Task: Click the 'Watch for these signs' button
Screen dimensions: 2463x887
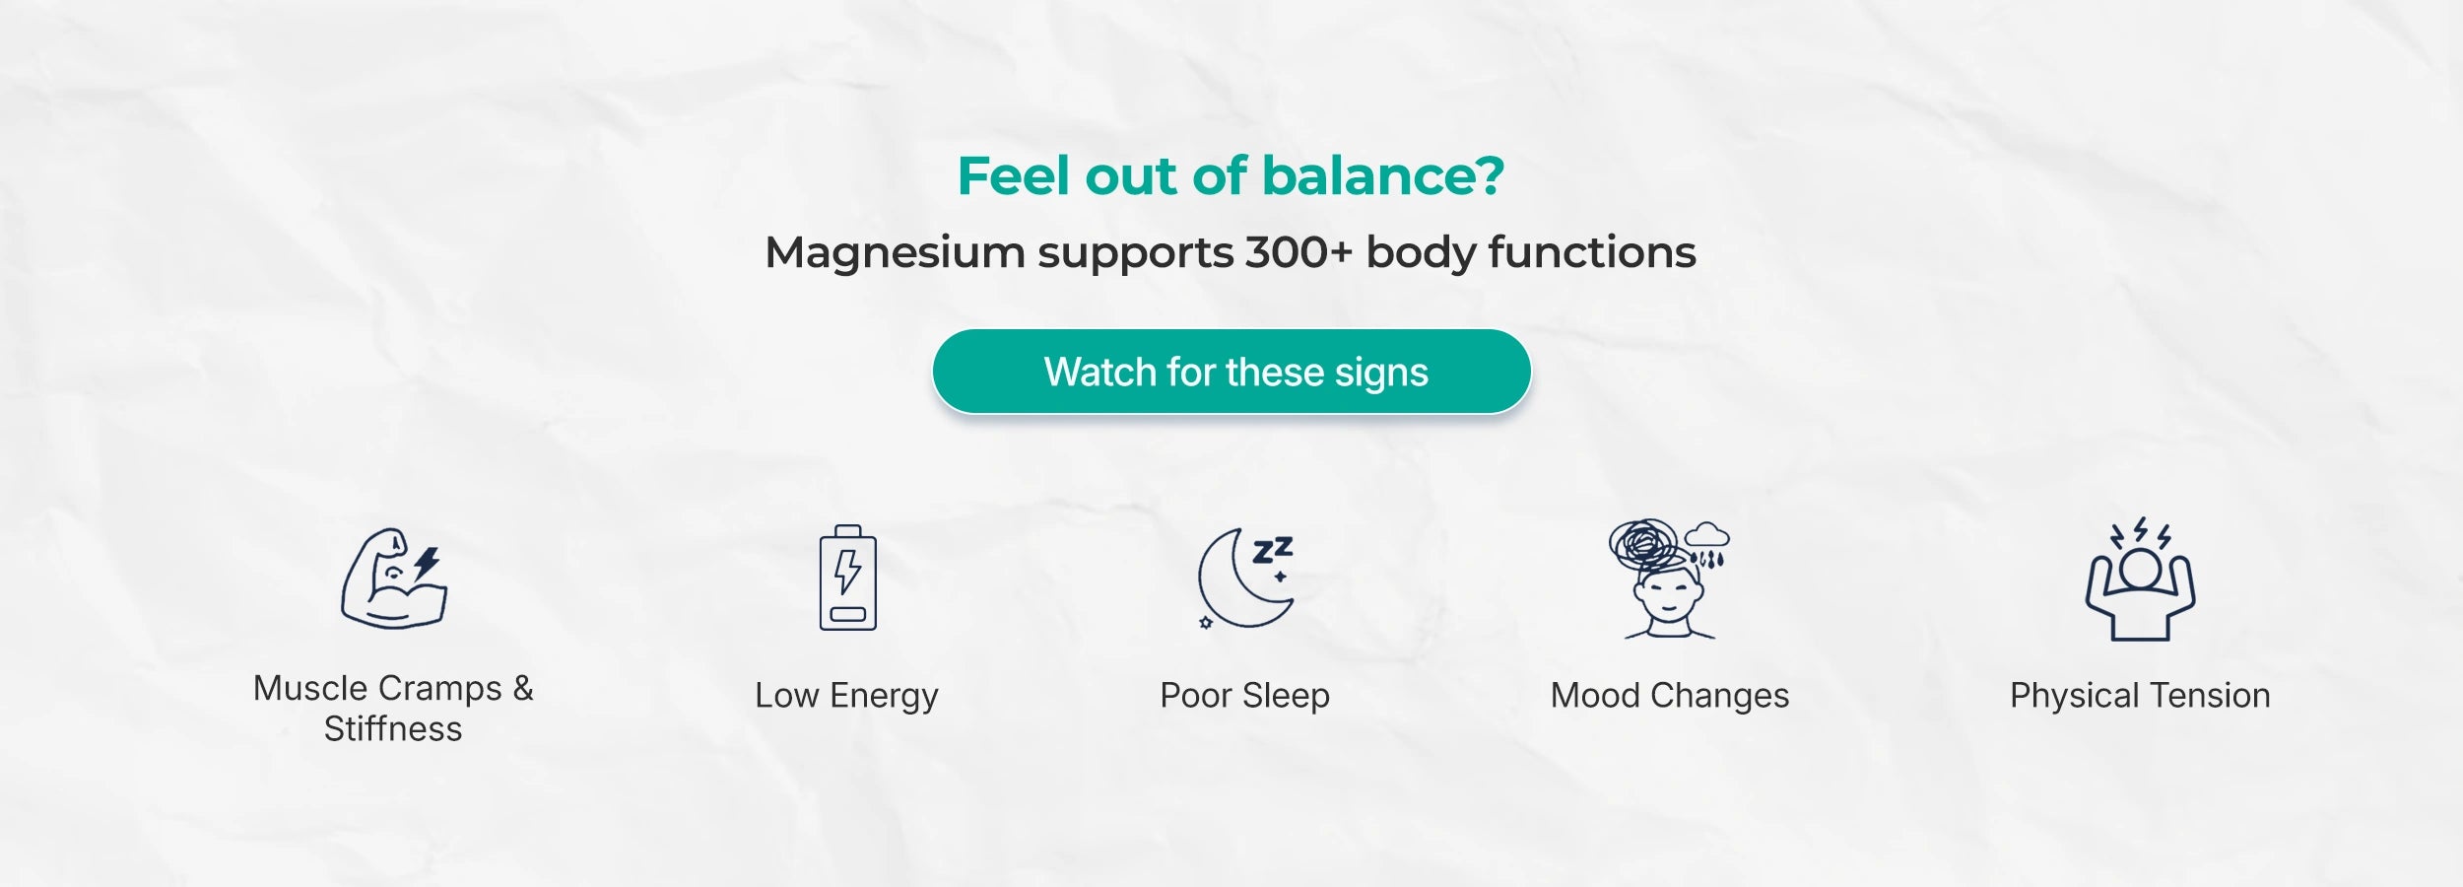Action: click(x=1231, y=372)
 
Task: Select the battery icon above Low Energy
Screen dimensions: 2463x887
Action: click(x=847, y=578)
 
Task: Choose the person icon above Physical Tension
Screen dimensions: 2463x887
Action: click(x=2140, y=580)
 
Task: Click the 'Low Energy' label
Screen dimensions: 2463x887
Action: click(x=846, y=696)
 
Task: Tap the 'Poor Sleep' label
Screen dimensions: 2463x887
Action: click(x=1244, y=696)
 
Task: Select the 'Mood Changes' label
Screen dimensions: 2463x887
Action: click(x=1670, y=696)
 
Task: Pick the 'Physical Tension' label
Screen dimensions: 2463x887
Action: click(x=2140, y=696)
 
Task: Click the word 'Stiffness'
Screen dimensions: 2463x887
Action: click(x=393, y=729)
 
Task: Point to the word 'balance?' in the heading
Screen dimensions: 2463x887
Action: click(x=1383, y=176)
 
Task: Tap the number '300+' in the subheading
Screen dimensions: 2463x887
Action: click(x=1298, y=252)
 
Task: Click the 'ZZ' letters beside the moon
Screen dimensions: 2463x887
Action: click(x=1272, y=550)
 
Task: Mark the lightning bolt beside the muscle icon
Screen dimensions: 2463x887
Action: click(x=427, y=564)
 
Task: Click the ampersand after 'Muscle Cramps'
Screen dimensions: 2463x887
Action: click(x=523, y=688)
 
